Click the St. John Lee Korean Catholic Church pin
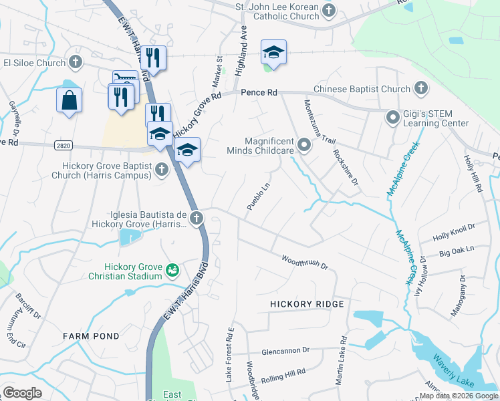(328, 10)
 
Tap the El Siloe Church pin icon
(76, 63)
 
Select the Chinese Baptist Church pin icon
(421, 88)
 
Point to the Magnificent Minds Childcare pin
(305, 145)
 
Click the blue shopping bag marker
(69, 101)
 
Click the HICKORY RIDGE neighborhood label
(307, 304)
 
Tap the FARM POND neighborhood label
(91, 336)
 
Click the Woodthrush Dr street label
(305, 261)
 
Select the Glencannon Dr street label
(286, 350)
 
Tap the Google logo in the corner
(22, 392)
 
